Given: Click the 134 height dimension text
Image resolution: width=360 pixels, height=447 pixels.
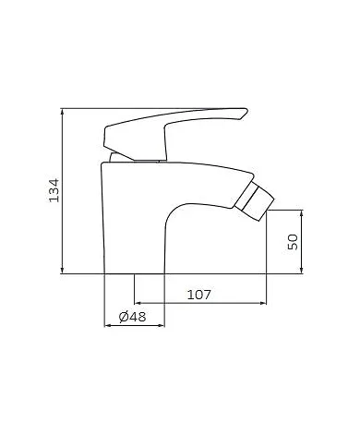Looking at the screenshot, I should point(53,191).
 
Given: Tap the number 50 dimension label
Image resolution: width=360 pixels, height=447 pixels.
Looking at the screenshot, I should point(292,241).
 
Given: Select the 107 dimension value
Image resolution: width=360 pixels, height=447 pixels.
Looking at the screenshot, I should point(199,295).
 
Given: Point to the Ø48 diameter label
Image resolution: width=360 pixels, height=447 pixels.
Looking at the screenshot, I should point(134,317).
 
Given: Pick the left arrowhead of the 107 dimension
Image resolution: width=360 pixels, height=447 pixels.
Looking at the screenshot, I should point(138,303).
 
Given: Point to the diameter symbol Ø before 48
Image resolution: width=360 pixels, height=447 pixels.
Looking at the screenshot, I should point(125,317).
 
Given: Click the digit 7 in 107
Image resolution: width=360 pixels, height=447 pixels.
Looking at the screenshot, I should point(210,295).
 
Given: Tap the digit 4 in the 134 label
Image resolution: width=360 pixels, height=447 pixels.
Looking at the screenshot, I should point(53,180).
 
